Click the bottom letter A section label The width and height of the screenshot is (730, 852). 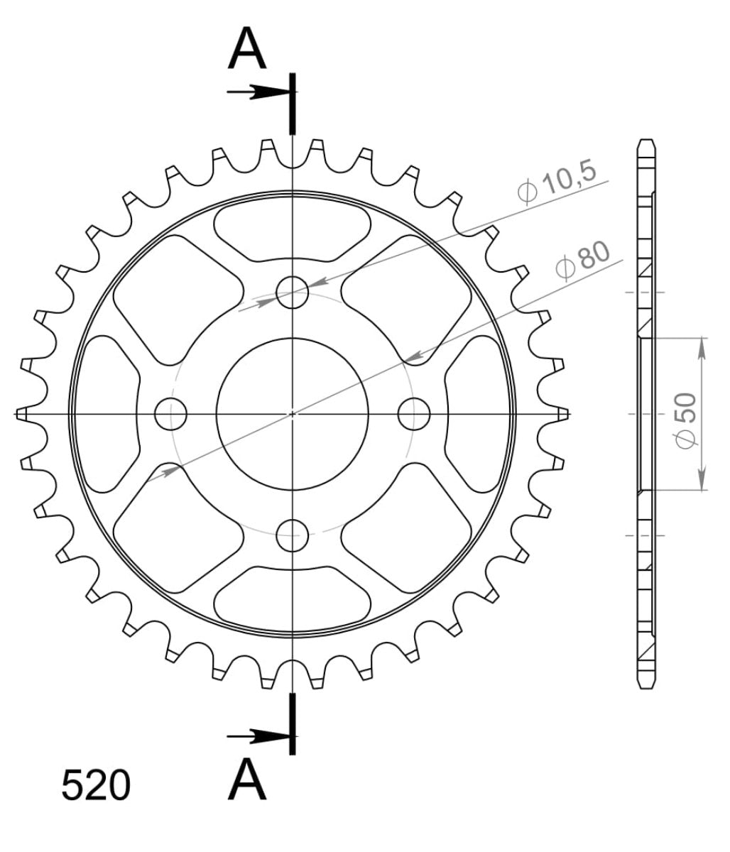247,779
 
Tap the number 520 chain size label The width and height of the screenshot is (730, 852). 96,785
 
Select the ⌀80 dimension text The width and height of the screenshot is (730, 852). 583,260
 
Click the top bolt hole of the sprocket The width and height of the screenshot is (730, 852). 292,292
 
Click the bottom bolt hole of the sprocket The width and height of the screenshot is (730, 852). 292,535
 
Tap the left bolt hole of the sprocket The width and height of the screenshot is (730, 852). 170,414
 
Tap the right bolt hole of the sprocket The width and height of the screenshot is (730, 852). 414,414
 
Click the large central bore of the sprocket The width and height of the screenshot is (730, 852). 292,414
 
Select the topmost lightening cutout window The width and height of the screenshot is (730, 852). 292,226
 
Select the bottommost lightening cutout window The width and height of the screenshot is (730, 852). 292,601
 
